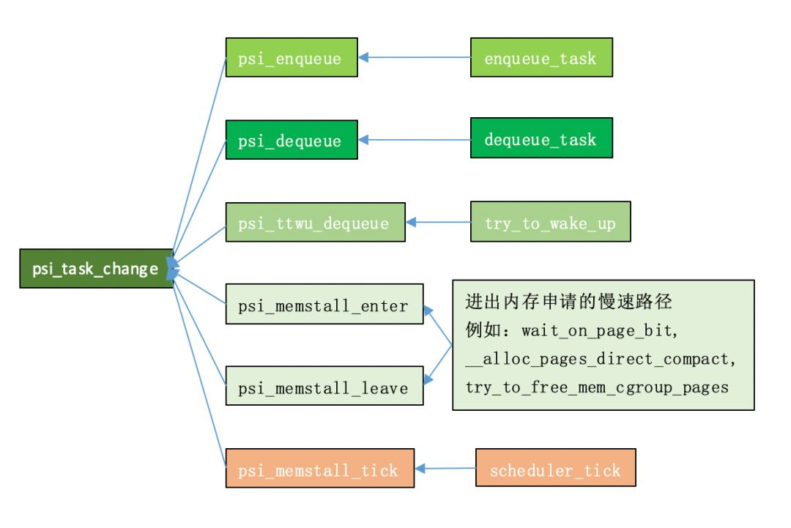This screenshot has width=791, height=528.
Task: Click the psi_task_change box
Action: coord(97,268)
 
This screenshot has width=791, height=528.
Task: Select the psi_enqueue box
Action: coord(291,58)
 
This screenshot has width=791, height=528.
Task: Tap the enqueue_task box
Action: coord(541,58)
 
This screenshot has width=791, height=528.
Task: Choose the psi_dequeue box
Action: coord(291,140)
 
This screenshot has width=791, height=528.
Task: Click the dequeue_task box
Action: coord(541,138)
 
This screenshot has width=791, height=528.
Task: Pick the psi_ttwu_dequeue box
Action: coord(315,223)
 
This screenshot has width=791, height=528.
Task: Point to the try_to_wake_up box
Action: coord(550,222)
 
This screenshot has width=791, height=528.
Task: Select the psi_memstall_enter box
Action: coord(324,304)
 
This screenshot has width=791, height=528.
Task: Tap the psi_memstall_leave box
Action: coord(324,386)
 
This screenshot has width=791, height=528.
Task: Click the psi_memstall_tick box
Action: coord(320,468)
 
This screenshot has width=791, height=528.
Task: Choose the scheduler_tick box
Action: coord(555,467)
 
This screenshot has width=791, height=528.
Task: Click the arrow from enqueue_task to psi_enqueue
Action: coord(414,58)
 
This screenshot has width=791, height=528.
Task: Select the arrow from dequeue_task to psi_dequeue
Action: coord(414,140)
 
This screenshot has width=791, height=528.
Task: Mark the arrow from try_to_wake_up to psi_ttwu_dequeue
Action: coord(438,222)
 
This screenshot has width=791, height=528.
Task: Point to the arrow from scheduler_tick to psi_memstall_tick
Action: coord(445,469)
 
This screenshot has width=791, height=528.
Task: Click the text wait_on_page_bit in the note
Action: coord(596,331)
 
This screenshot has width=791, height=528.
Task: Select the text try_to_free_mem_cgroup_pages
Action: coord(597,387)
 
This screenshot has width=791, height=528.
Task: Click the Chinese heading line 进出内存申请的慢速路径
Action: coord(568,302)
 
